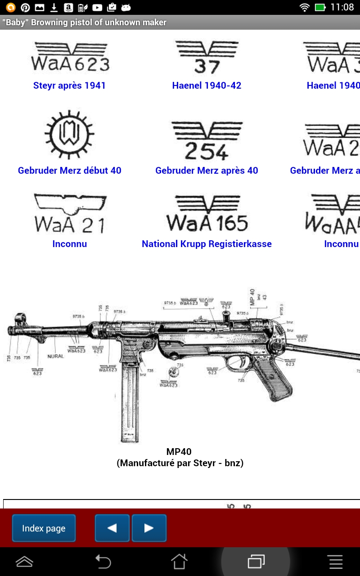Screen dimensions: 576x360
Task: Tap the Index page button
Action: point(44,528)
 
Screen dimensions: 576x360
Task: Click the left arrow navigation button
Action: point(112,528)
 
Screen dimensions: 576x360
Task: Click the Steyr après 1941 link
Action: point(69,85)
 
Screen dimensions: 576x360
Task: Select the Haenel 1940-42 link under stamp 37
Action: point(207,85)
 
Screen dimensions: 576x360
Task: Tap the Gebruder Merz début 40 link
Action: point(70,171)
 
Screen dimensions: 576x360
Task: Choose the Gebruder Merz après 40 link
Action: point(207,171)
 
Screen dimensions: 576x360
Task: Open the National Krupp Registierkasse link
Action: point(207,244)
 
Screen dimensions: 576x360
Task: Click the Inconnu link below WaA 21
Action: point(70,244)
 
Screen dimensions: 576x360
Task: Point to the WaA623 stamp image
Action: point(70,58)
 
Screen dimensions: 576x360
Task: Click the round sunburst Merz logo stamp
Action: point(70,134)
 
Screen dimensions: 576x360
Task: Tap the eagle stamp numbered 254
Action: point(207,141)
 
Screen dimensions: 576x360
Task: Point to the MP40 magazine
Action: point(130,400)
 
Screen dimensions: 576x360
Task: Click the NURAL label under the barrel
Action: point(55,356)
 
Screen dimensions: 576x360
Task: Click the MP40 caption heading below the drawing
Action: point(179,452)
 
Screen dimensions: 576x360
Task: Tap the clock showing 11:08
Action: point(342,7)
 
